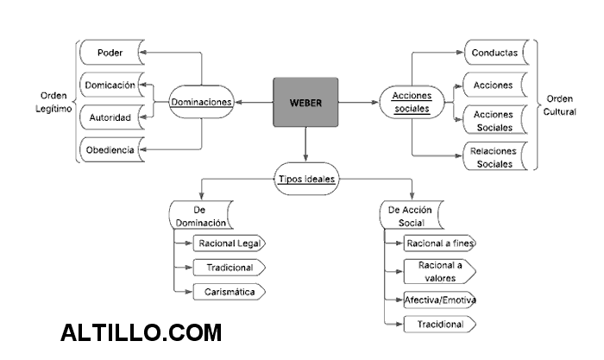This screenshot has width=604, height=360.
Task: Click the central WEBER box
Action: tap(305, 102)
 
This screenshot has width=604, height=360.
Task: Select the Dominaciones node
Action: tap(201, 102)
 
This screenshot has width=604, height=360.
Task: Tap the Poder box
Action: tap(110, 53)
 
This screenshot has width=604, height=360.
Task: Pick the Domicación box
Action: tap(110, 85)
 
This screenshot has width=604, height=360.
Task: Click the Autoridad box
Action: tap(110, 117)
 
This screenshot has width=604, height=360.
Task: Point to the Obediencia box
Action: tap(110, 150)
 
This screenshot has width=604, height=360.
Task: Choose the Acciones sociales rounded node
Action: tap(412, 102)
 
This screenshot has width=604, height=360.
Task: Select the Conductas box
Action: tap(494, 53)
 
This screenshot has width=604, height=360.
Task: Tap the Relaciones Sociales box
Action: tap(494, 156)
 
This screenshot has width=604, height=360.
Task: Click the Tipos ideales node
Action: tap(306, 179)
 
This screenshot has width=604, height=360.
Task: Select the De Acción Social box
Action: tap(411, 215)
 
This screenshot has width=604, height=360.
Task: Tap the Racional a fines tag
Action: tap(440, 243)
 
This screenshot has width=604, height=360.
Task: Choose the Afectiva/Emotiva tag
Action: tap(440, 300)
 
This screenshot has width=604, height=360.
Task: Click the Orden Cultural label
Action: tap(562, 104)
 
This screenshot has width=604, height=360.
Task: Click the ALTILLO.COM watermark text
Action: tap(142, 332)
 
